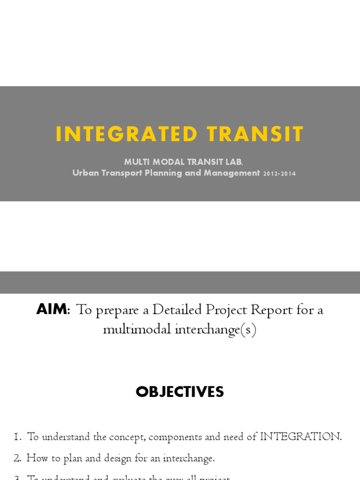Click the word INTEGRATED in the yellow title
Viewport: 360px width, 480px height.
[126, 135]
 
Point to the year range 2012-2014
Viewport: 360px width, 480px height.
[279, 173]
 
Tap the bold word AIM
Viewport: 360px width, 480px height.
[52, 310]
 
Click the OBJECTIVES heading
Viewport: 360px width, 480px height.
[180, 392]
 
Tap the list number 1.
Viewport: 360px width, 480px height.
[17, 437]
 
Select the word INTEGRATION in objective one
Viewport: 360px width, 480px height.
[300, 437]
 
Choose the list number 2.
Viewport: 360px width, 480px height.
[17, 458]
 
